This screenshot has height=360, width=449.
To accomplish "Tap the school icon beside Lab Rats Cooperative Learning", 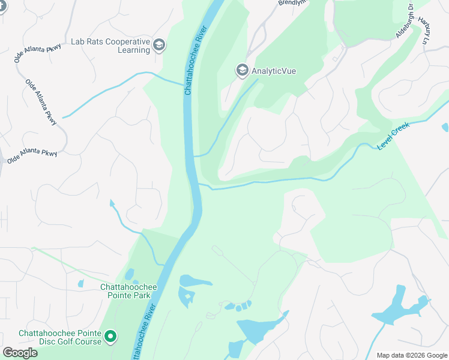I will point(159,46).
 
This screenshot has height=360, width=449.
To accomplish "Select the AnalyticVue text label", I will point(274,71).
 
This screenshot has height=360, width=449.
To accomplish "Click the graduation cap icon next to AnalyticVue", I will point(242,71).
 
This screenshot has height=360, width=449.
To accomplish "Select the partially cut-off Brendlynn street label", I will point(292,3).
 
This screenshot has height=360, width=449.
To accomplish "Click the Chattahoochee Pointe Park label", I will point(128,292).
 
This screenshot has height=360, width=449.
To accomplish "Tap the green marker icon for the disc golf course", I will point(110,337).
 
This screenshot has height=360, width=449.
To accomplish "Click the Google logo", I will point(20,353).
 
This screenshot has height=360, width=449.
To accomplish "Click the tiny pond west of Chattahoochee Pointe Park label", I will point(80,283).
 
